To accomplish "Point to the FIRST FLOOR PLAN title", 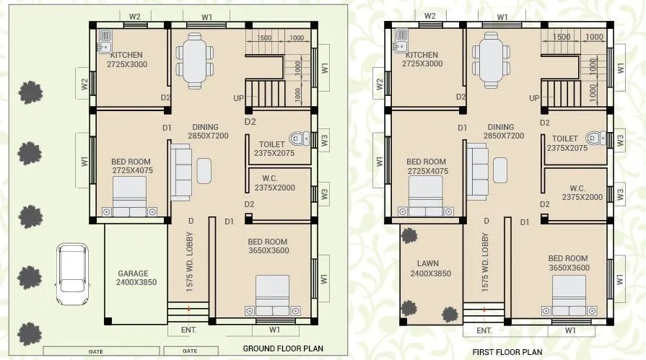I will pos(507,352).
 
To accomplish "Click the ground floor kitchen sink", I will pos(105,41).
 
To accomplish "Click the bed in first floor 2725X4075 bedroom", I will pos(425,196).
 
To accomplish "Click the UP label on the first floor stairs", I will pos(534,98).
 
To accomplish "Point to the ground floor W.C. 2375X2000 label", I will pos(274,183).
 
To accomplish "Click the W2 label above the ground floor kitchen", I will pos(134,16).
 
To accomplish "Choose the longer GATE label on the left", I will pos(96,351).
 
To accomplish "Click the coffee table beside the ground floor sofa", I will pos(204,170).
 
